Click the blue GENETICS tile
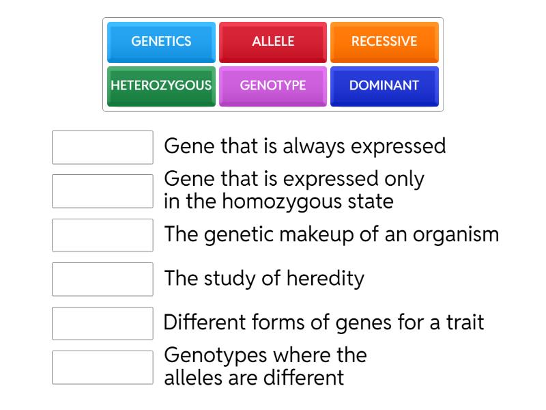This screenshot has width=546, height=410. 161,42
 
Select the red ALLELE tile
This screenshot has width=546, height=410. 273,42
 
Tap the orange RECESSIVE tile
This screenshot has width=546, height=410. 384,42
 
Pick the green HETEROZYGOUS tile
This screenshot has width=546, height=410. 161,86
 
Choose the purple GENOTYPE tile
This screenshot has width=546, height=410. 273,86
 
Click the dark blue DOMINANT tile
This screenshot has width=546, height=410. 384,86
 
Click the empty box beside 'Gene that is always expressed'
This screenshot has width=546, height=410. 102,148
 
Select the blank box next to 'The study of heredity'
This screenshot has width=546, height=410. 102,279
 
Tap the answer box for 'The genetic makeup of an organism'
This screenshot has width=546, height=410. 102,235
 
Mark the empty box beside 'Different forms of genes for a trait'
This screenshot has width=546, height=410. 102,323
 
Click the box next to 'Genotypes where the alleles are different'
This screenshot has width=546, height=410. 102,368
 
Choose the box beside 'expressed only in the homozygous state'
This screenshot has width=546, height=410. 102,191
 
